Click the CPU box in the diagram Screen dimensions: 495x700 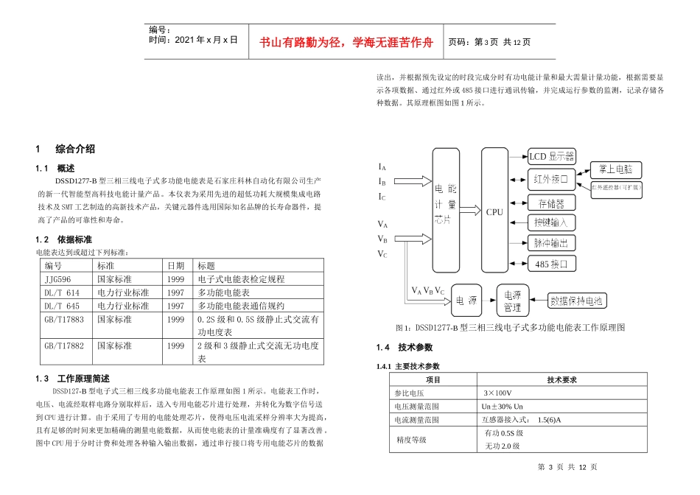point(494,211)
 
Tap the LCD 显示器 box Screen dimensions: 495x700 point(552,157)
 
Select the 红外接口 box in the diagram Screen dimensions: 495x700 point(552,179)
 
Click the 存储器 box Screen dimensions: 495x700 point(552,202)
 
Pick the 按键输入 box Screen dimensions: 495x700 point(552,222)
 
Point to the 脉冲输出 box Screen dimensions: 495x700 point(552,242)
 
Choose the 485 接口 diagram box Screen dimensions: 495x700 point(552,263)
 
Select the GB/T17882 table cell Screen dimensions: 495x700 point(64,345)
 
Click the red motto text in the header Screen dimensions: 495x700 point(345,43)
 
